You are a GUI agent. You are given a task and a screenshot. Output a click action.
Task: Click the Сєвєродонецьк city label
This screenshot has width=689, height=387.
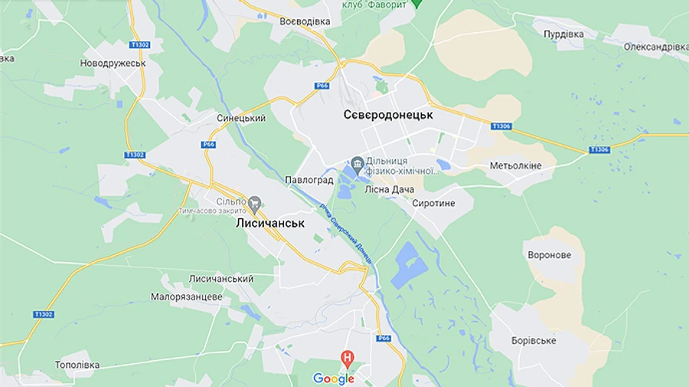coord(388,115)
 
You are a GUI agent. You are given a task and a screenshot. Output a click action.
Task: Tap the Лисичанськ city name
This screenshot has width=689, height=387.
coord(270,224)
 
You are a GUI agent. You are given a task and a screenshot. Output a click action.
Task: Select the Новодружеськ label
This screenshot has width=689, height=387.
coord(113,63)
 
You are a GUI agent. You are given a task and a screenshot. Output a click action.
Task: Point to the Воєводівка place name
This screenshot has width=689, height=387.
coord(305,21)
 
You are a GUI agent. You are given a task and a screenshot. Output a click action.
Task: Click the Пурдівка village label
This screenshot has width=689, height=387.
coord(563,34)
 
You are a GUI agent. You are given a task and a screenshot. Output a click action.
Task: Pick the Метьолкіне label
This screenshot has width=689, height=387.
coord(515,166)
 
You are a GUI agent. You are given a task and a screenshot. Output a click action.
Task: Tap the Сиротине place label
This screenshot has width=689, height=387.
coord(433,204)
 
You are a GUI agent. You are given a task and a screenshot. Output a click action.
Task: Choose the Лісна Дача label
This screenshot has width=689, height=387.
coord(390,189)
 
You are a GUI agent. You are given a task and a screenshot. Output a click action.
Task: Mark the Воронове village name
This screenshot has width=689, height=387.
coord(549,255)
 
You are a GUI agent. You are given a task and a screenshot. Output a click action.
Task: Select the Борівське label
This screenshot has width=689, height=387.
coord(534,340)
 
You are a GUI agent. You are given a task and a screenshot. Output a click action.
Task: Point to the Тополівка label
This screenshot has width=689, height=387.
coord(77,365)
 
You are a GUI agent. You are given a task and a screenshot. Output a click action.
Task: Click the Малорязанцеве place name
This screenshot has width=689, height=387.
coord(186,297)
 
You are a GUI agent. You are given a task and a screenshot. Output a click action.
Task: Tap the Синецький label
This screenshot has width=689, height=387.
coord(241,119)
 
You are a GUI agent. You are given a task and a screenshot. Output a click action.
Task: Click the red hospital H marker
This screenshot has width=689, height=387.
coord(348,358)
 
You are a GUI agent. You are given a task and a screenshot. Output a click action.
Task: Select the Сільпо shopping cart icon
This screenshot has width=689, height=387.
coord(254,203)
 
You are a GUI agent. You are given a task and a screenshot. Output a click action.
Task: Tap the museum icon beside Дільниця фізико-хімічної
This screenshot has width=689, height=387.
coord(357,163)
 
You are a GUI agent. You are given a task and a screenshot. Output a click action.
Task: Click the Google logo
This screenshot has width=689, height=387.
coord(334,379)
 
